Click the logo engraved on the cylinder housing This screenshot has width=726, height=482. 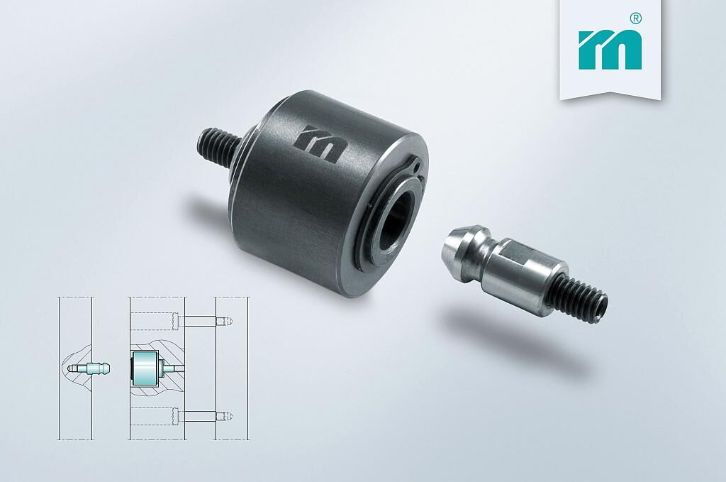tap(320, 143)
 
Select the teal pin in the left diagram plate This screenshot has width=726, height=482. tap(88, 368)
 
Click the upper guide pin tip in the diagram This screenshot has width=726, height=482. tap(226, 321)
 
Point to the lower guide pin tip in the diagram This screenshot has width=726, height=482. tap(226, 416)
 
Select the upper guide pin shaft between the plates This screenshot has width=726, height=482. tap(200, 321)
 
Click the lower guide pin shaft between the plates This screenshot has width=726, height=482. tap(200, 416)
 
